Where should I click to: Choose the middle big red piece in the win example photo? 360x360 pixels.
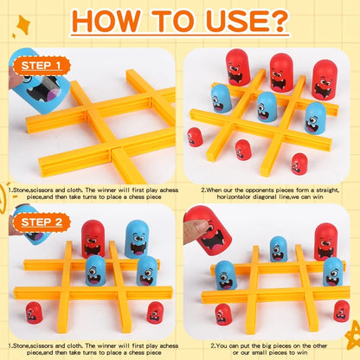click(x=280, y=73)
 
